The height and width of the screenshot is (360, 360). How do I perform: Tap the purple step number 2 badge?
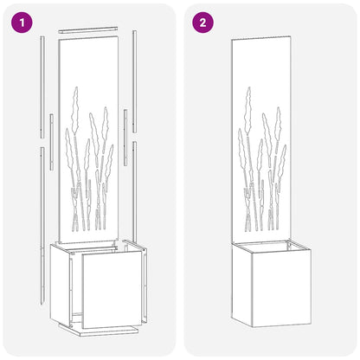(x=202, y=22)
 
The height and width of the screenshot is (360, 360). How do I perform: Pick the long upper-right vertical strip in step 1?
(x=135, y=78)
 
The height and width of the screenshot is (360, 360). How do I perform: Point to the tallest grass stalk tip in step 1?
(x=77, y=88)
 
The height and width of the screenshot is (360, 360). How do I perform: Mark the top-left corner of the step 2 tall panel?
(x=232, y=40)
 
